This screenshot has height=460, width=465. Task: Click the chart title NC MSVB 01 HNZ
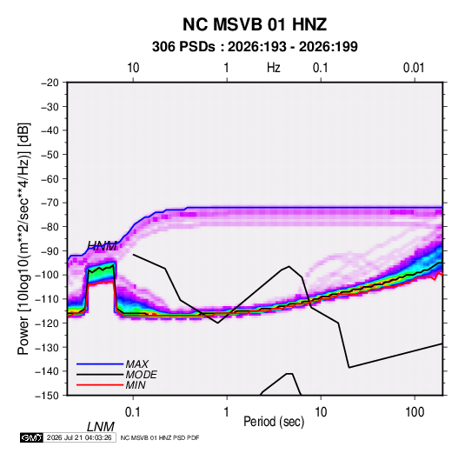tap(255, 24)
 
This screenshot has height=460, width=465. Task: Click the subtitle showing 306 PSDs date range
tap(255, 47)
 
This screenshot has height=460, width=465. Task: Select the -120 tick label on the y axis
tap(48, 323)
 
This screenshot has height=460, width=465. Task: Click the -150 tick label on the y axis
tap(48, 396)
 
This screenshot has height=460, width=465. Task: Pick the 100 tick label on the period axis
tap(415, 412)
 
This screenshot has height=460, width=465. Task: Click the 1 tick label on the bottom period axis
tap(226, 412)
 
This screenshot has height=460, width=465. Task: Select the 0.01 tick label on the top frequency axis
tap(414, 68)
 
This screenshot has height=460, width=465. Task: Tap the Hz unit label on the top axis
tap(274, 68)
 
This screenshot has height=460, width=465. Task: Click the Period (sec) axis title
tap(274, 422)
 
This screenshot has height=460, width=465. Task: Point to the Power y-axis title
tap(23, 239)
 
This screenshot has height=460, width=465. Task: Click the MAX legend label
tap(137, 363)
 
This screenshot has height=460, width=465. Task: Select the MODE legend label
tap(141, 375)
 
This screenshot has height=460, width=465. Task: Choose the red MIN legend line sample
tap(100, 385)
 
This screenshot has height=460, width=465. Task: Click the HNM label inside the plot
tap(102, 246)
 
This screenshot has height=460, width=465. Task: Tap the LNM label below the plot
tap(101, 427)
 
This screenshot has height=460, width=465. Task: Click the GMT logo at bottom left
tap(31, 437)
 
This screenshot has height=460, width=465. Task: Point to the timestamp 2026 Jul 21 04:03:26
tap(79, 437)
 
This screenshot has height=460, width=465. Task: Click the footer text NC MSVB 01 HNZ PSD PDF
tap(160, 438)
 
